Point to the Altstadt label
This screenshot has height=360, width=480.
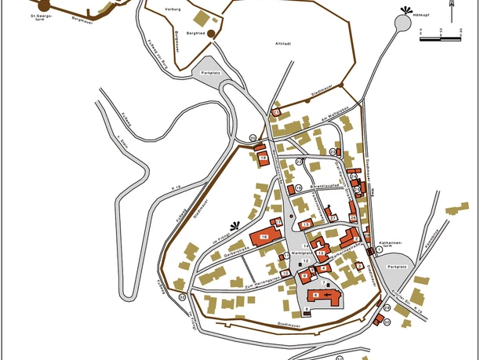pos(282,44)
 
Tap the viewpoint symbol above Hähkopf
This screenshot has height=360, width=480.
pos(405,10)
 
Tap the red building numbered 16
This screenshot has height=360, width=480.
pos(264,236)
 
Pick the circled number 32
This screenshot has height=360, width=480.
pos(182,297)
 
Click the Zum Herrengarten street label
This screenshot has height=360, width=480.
pos(262,280)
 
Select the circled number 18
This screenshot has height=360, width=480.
pos(298,189)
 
